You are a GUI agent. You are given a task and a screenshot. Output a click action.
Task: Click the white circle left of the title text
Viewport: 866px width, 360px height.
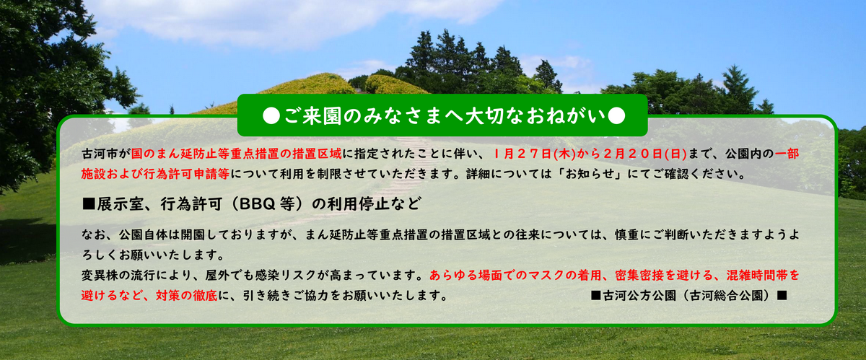[271, 115]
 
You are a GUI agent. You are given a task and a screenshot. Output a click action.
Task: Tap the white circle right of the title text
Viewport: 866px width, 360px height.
[616, 115]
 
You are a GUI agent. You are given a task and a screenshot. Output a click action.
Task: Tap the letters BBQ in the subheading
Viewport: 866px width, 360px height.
[256, 203]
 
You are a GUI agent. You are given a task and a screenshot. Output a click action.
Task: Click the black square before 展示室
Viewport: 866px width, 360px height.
[89, 203]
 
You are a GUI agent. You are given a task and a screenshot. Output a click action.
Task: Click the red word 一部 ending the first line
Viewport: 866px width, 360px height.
[787, 154]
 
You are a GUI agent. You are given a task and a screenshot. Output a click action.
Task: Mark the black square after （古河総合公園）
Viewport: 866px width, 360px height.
[782, 296]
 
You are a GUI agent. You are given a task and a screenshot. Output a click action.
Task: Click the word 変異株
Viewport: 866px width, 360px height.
[100, 276]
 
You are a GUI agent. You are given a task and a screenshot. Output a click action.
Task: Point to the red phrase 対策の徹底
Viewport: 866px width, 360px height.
[186, 296]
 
